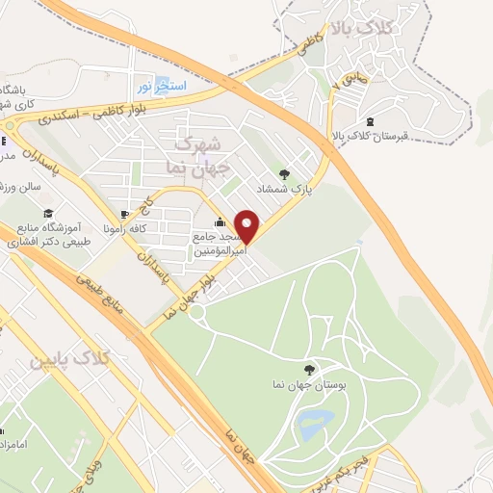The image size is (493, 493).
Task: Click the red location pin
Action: (247, 226)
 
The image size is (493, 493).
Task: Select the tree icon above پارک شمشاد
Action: (284, 174)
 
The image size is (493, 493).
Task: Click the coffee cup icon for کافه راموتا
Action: (123, 213)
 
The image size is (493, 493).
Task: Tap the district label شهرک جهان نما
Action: (200, 155)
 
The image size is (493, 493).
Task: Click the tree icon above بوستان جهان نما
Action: (308, 368)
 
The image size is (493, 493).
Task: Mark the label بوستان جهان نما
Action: (308, 385)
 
